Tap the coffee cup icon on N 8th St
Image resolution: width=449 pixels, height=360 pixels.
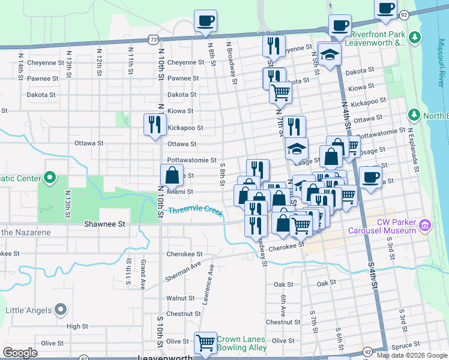tap(205, 20)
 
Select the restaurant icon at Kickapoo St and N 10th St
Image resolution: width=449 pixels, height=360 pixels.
tap(155, 124)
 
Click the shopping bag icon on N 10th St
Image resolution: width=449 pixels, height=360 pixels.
tap(172, 176)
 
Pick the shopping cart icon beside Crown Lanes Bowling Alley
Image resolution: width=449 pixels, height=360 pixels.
tap(205, 343)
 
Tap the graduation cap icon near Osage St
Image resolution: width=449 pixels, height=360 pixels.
tap(296, 148)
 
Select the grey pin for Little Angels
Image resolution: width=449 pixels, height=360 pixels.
tap(59, 310)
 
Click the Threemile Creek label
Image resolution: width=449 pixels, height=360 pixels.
tap(195, 211)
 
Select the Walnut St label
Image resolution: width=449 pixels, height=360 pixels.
tap(177, 298)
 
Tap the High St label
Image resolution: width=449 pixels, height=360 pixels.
tap(77, 326)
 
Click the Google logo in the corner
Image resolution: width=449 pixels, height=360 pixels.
tap(20, 353)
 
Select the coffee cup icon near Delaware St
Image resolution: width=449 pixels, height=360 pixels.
tap(370, 177)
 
